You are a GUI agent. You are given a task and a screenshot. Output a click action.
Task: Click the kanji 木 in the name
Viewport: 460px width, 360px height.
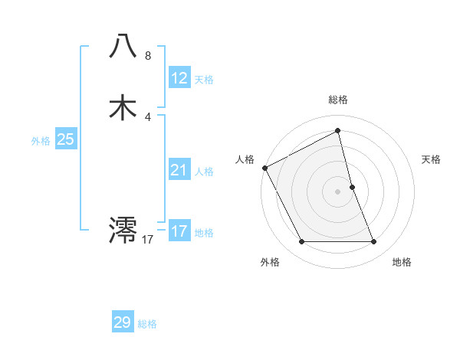(x=123, y=107)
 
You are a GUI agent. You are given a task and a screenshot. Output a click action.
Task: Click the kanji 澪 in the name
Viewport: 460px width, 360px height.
(x=123, y=229)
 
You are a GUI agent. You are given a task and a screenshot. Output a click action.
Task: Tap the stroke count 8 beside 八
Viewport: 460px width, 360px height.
(x=148, y=56)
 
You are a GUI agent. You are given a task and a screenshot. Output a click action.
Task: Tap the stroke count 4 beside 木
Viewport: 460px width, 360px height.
(x=148, y=117)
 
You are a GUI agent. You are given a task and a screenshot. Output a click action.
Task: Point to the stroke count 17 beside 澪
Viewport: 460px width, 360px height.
(x=148, y=240)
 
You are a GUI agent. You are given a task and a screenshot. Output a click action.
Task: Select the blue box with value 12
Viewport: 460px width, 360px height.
(x=179, y=77)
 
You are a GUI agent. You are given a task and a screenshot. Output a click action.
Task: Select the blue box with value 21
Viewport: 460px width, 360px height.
(x=179, y=170)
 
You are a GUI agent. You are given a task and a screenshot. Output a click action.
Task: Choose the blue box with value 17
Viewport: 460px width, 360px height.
(x=179, y=231)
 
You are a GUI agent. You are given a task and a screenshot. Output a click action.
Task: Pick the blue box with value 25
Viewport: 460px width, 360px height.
(x=65, y=139)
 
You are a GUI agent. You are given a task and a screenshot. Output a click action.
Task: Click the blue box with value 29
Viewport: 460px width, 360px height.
(x=123, y=322)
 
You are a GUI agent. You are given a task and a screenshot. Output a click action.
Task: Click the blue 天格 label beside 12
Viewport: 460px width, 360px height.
(x=204, y=80)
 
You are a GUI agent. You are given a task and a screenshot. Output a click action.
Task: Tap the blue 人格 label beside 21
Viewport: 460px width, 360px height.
(x=204, y=172)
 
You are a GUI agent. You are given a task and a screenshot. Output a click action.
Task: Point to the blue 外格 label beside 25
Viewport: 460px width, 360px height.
(x=41, y=141)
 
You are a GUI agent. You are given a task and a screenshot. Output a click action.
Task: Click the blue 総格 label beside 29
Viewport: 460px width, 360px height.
(x=148, y=324)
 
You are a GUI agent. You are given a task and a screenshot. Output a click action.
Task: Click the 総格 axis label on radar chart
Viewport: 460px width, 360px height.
(x=338, y=100)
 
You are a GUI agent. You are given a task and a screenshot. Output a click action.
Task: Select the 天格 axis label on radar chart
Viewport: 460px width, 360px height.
(x=432, y=159)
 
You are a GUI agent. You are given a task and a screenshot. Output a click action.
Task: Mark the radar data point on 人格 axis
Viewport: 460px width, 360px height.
(x=264, y=168)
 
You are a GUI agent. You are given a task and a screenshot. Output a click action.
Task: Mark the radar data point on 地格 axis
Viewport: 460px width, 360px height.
(x=374, y=242)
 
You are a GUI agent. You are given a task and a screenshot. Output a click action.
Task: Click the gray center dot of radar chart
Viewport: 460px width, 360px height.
(x=338, y=191)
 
